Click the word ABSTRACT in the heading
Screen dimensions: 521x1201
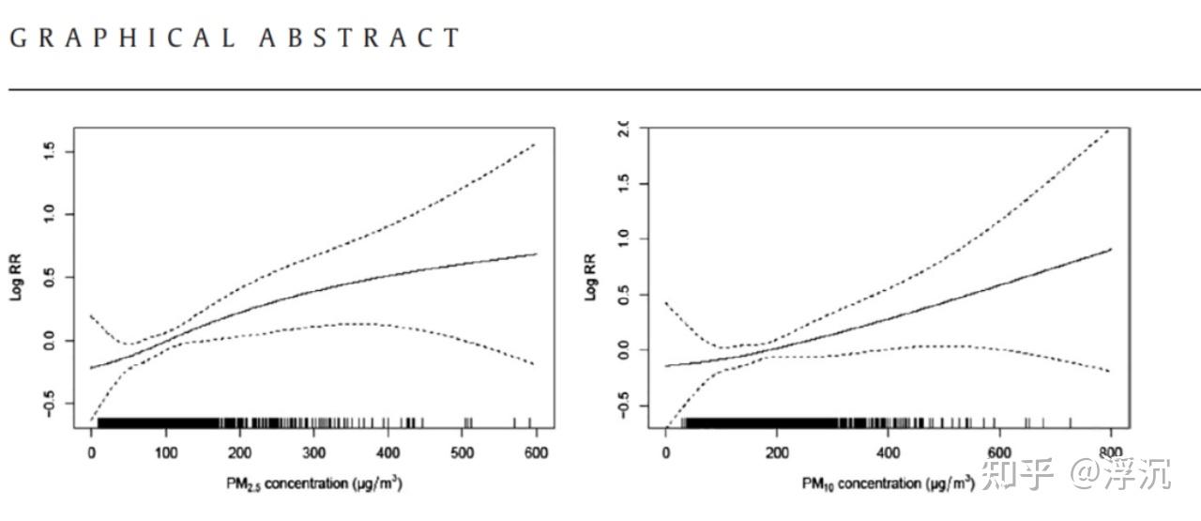coord(359,38)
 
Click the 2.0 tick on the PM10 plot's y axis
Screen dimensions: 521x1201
coord(622,129)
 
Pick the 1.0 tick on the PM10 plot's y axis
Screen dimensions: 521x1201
coord(622,239)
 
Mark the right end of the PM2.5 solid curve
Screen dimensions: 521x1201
coord(536,253)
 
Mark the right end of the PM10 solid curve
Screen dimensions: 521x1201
coord(1110,249)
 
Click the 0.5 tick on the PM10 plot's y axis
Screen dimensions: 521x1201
coord(622,295)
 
